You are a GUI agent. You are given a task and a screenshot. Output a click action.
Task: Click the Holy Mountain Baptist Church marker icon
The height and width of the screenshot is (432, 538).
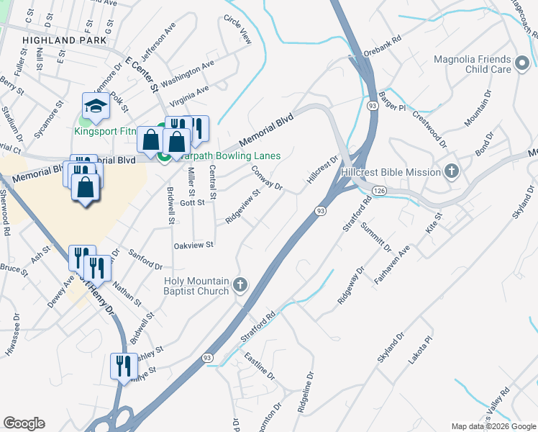pos(240,286)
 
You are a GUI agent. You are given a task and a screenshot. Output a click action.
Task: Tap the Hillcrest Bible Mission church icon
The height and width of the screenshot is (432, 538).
pos(451,172)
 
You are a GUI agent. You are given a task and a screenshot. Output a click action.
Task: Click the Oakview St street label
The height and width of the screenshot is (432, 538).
pos(194,246)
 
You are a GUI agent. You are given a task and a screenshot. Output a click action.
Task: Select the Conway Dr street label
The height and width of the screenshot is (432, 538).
pos(268,179)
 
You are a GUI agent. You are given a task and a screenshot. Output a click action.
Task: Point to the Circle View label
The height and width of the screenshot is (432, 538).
pos(238,29)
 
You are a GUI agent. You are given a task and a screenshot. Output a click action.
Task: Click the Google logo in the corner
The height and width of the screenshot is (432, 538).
pos(24,423)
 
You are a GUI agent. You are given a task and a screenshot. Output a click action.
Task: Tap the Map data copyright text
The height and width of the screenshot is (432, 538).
pos(493,426)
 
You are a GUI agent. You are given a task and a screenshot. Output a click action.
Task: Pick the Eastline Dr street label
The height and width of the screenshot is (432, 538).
pos(259,366)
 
